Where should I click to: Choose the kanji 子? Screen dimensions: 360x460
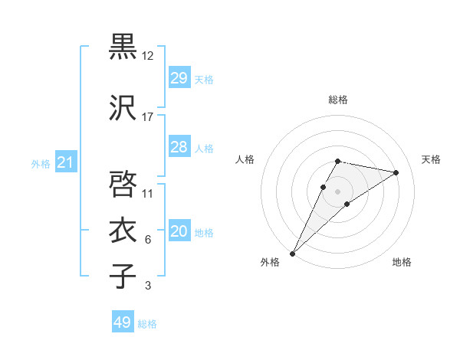pyautogui.click(x=123, y=275)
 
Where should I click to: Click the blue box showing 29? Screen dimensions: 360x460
pyautogui.click(x=179, y=78)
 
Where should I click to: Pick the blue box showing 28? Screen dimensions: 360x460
pyautogui.click(x=179, y=147)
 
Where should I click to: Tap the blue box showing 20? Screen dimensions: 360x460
pyautogui.click(x=179, y=231)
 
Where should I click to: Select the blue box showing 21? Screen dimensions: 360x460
pyautogui.click(x=66, y=162)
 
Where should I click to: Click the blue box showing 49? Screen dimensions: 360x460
pyautogui.click(x=123, y=322)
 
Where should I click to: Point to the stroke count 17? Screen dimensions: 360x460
pyautogui.click(x=148, y=117)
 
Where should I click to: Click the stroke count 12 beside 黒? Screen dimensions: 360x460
pyautogui.click(x=148, y=56)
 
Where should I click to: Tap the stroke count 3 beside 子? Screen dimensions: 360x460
pyautogui.click(x=148, y=286)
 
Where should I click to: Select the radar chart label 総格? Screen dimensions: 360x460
pyautogui.click(x=338, y=100)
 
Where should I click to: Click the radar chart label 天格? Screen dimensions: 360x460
pyautogui.click(x=432, y=159)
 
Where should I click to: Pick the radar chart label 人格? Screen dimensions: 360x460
pyautogui.click(x=245, y=159)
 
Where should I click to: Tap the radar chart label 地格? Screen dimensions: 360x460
pyautogui.click(x=402, y=262)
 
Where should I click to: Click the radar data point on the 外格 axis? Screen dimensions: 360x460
pyautogui.click(x=292, y=253)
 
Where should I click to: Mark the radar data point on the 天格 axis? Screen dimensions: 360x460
pyautogui.click(x=396, y=172)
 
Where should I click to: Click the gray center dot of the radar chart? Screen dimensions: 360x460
pyautogui.click(x=338, y=191)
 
